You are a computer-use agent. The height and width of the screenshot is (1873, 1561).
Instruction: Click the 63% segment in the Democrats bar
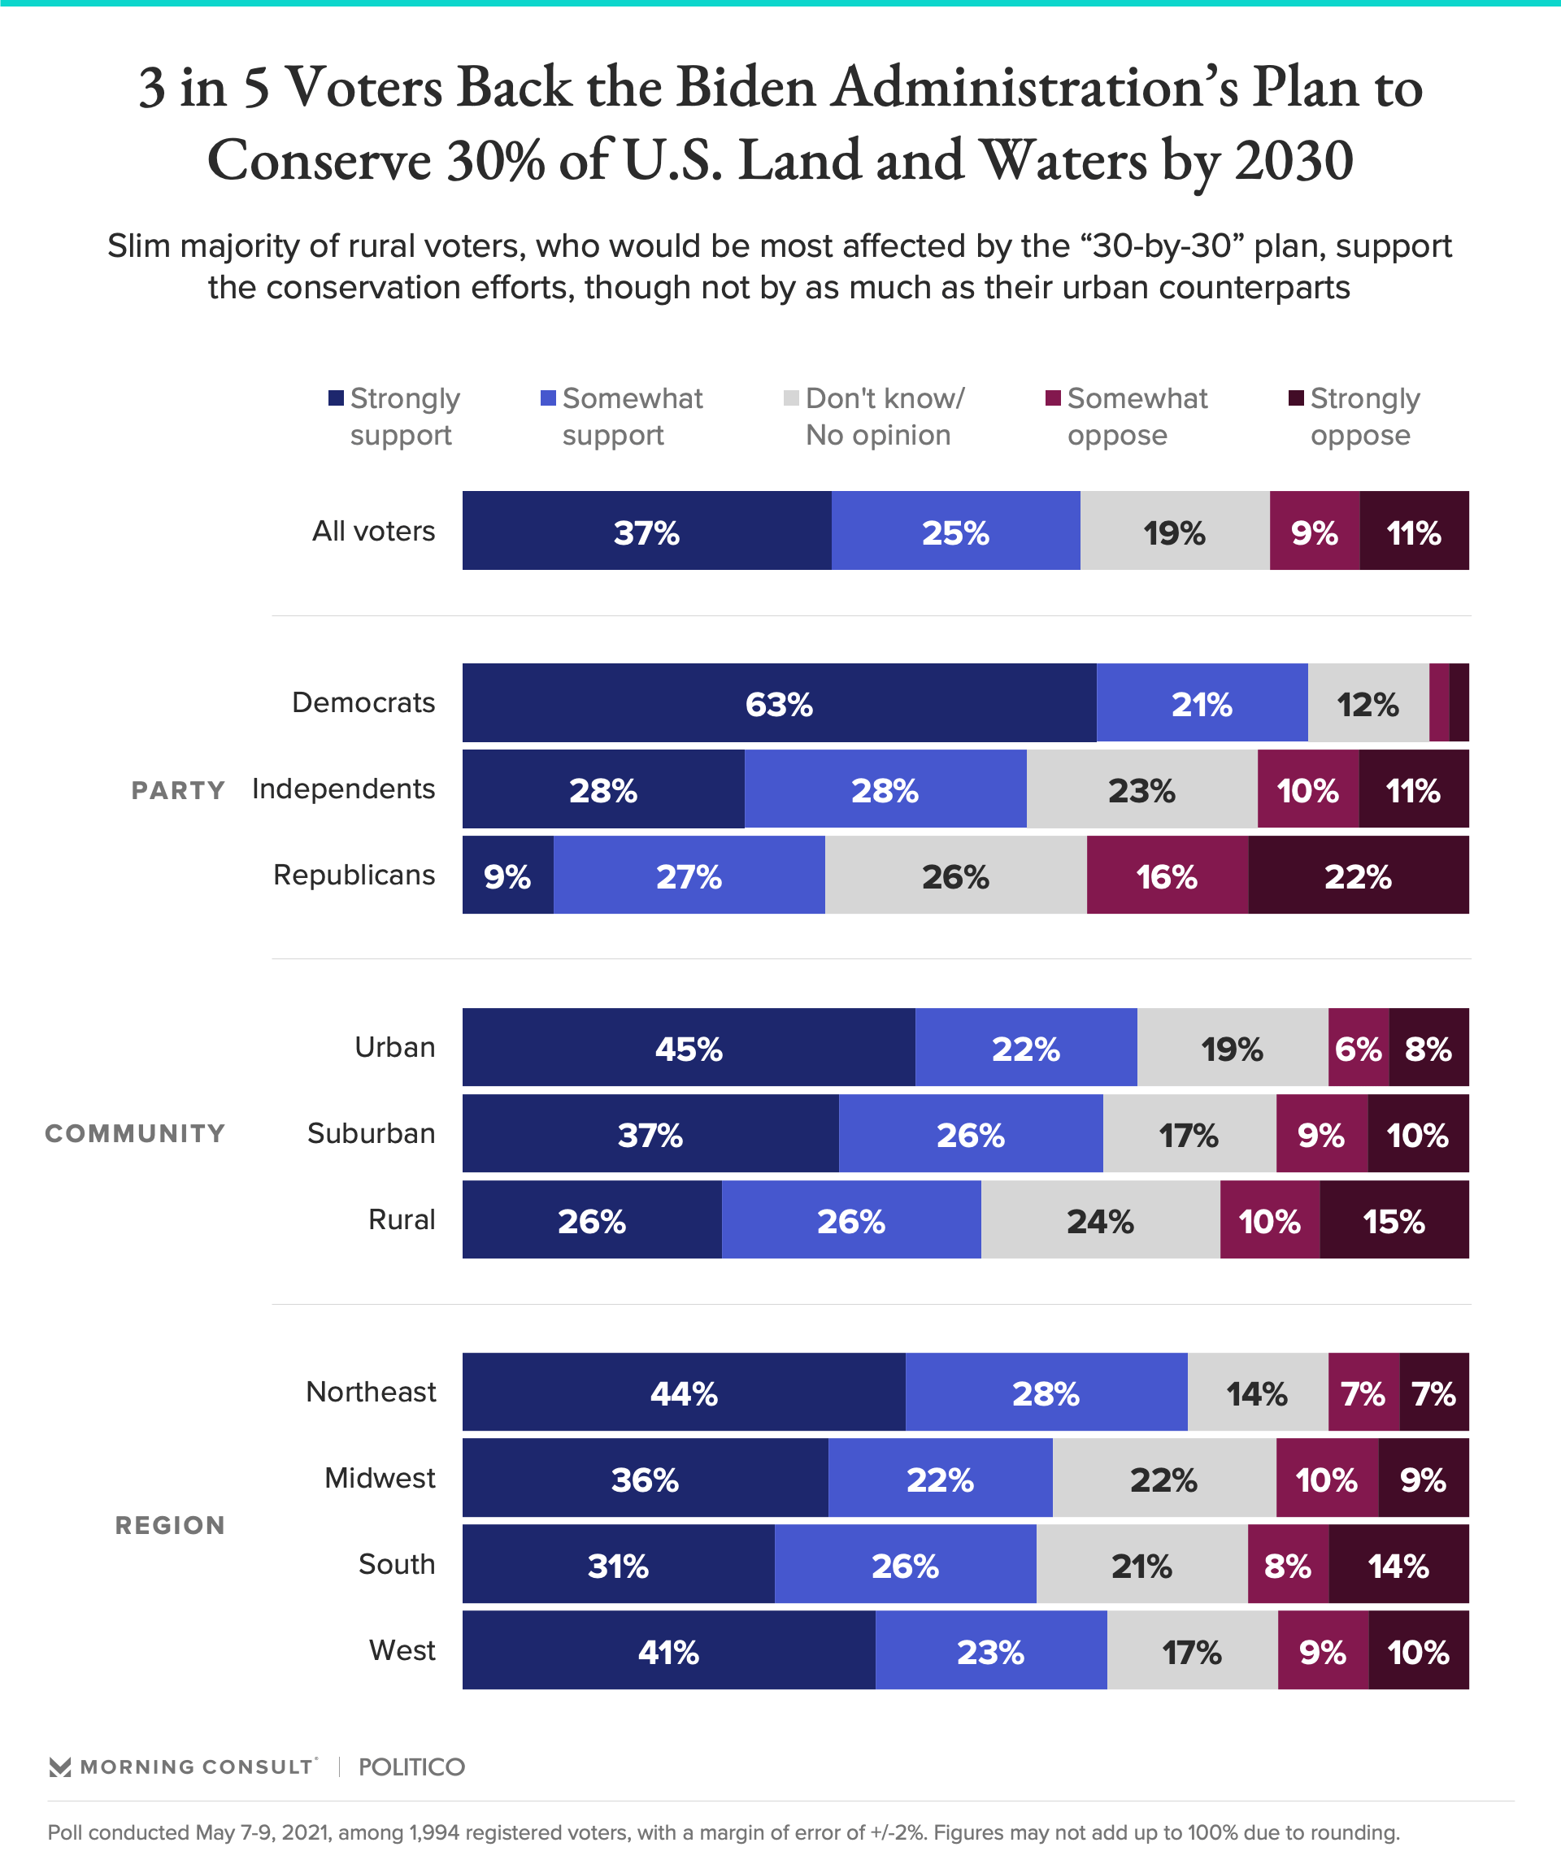click(779, 703)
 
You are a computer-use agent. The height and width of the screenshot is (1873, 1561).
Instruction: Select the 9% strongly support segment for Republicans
click(507, 875)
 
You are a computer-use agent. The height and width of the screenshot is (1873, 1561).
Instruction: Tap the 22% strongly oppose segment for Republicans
click(1358, 875)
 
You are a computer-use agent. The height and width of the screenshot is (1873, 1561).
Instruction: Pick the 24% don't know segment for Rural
click(1100, 1219)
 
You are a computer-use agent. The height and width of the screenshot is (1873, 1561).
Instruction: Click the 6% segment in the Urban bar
click(1358, 1047)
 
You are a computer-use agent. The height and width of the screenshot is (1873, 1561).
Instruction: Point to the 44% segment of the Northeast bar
click(683, 1392)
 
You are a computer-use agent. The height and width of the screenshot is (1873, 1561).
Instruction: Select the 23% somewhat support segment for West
click(990, 1650)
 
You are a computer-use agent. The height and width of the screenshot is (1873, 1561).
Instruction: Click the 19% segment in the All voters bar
click(1174, 531)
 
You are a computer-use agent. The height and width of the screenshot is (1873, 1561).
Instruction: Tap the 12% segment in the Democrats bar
click(1368, 703)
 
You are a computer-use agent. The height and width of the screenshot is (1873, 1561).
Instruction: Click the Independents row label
click(343, 789)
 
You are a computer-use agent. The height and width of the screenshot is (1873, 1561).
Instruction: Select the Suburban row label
click(371, 1133)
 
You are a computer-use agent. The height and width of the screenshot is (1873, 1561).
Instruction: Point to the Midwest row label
click(380, 1478)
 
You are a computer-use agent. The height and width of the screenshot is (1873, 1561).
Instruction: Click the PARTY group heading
click(178, 790)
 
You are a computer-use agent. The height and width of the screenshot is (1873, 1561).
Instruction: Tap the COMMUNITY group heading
click(136, 1133)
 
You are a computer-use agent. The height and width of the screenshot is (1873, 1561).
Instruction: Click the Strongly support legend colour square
click(337, 398)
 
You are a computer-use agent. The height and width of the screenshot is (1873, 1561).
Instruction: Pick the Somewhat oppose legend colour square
click(1054, 398)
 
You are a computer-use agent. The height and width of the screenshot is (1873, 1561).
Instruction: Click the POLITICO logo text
click(411, 1767)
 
